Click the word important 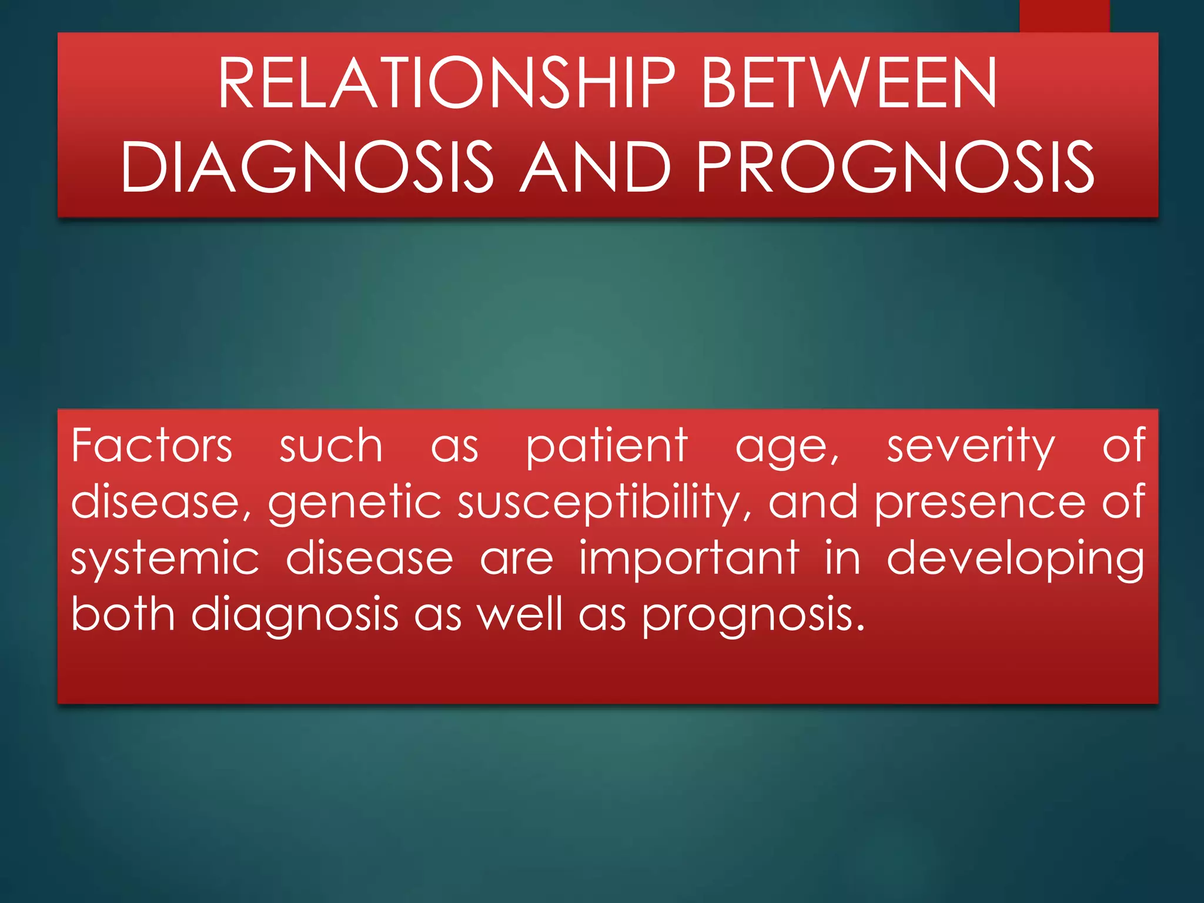click(x=689, y=558)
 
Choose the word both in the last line click(x=123, y=614)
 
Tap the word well click(x=520, y=614)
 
